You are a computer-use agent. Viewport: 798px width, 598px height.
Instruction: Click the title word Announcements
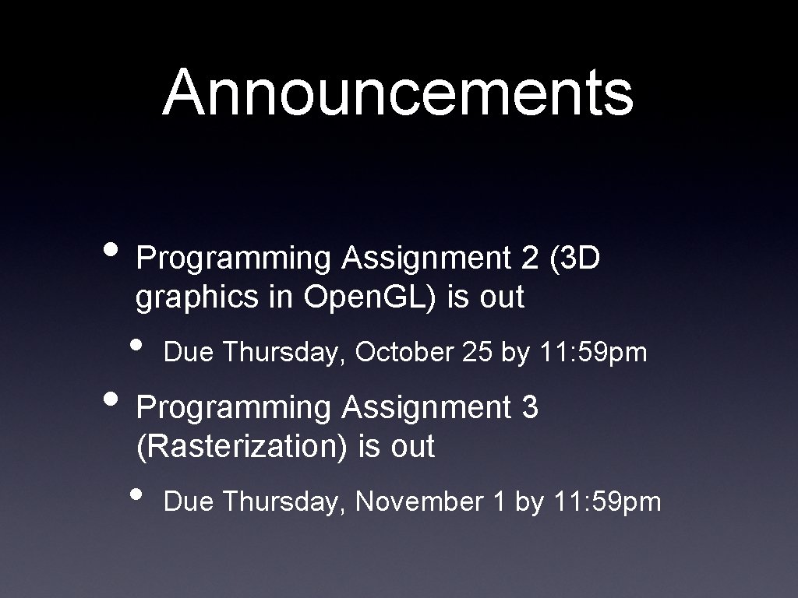pyautogui.click(x=398, y=92)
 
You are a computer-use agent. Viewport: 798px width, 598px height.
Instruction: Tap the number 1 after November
pyautogui.click(x=499, y=502)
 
